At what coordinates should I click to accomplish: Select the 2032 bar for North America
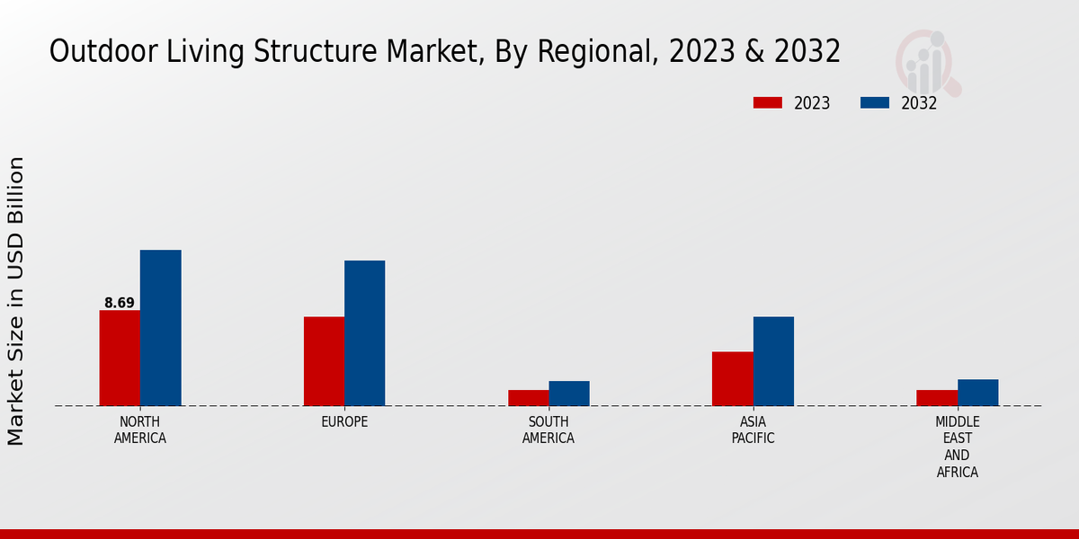click(x=160, y=328)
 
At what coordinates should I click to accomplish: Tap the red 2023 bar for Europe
click(x=324, y=361)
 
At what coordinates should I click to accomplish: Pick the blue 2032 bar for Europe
click(x=364, y=333)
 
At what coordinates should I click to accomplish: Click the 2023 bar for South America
click(x=528, y=398)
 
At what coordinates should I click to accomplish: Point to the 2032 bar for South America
click(x=569, y=393)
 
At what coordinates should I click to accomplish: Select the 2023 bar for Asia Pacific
click(x=732, y=378)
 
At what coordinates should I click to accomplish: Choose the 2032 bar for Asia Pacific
click(x=773, y=361)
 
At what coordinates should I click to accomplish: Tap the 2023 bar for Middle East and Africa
click(x=937, y=398)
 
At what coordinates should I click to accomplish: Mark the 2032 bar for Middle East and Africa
click(x=977, y=393)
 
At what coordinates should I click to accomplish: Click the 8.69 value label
click(x=120, y=303)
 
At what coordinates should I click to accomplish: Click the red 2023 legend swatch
click(x=767, y=103)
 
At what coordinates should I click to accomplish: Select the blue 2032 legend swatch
click(x=874, y=103)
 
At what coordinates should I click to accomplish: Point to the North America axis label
click(x=140, y=430)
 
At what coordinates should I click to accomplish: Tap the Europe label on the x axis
click(x=344, y=422)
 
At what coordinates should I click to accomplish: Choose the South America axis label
click(x=548, y=430)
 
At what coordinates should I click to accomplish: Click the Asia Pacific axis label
click(x=753, y=430)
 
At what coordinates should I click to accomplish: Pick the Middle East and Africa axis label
click(x=958, y=446)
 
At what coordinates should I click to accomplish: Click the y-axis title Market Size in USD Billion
click(x=16, y=301)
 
